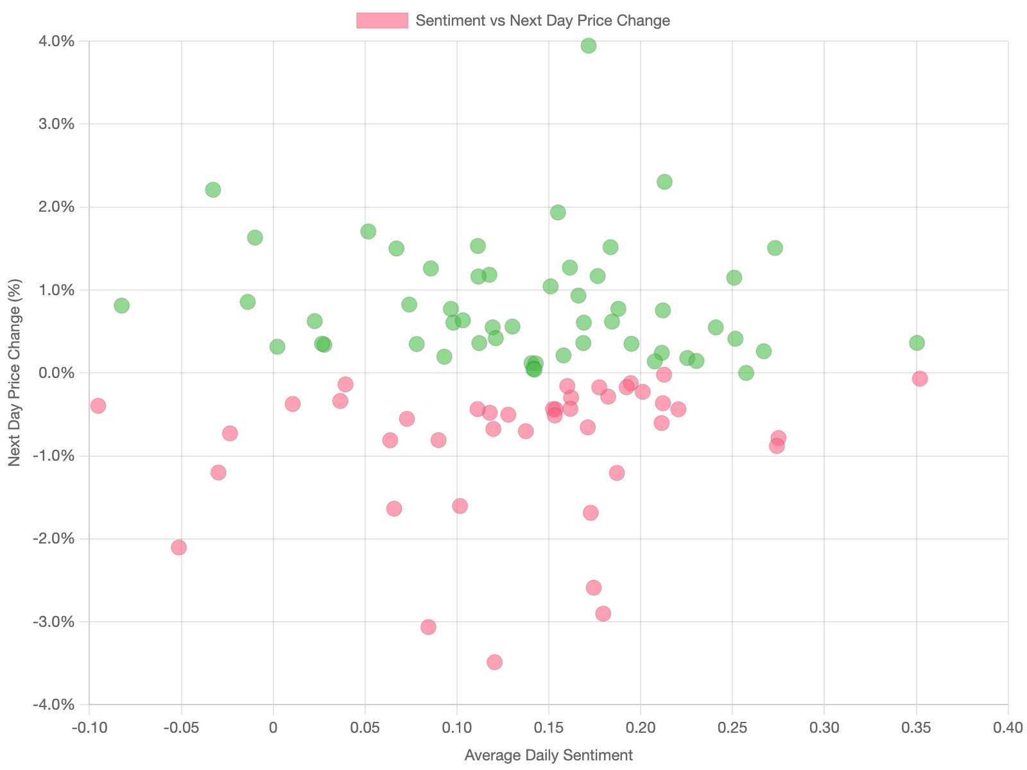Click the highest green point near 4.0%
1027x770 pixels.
coord(588,46)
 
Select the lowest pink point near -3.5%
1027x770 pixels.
coord(494,662)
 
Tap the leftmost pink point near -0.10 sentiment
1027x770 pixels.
coord(98,406)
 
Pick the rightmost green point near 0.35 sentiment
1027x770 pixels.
coord(917,343)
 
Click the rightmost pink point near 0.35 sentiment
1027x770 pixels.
coord(920,379)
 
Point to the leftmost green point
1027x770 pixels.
coord(121,305)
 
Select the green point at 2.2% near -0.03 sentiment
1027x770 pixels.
coord(213,190)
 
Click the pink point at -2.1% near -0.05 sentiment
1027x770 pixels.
coord(179,547)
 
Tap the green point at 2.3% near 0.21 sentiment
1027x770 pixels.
coord(664,182)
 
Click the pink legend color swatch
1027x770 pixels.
coord(382,21)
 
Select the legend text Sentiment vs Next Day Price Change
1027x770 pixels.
coord(542,21)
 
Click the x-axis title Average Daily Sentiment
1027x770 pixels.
coord(548,755)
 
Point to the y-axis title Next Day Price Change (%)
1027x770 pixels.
coord(14,372)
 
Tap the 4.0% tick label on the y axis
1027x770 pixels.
coord(56,42)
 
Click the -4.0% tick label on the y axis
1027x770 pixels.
coord(54,705)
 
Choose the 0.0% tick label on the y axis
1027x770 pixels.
coord(56,373)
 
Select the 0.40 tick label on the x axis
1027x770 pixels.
coord(1008,728)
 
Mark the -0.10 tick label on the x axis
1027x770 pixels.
coord(89,728)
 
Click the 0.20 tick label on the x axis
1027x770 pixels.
coord(641,728)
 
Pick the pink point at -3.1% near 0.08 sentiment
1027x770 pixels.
coord(428,627)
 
